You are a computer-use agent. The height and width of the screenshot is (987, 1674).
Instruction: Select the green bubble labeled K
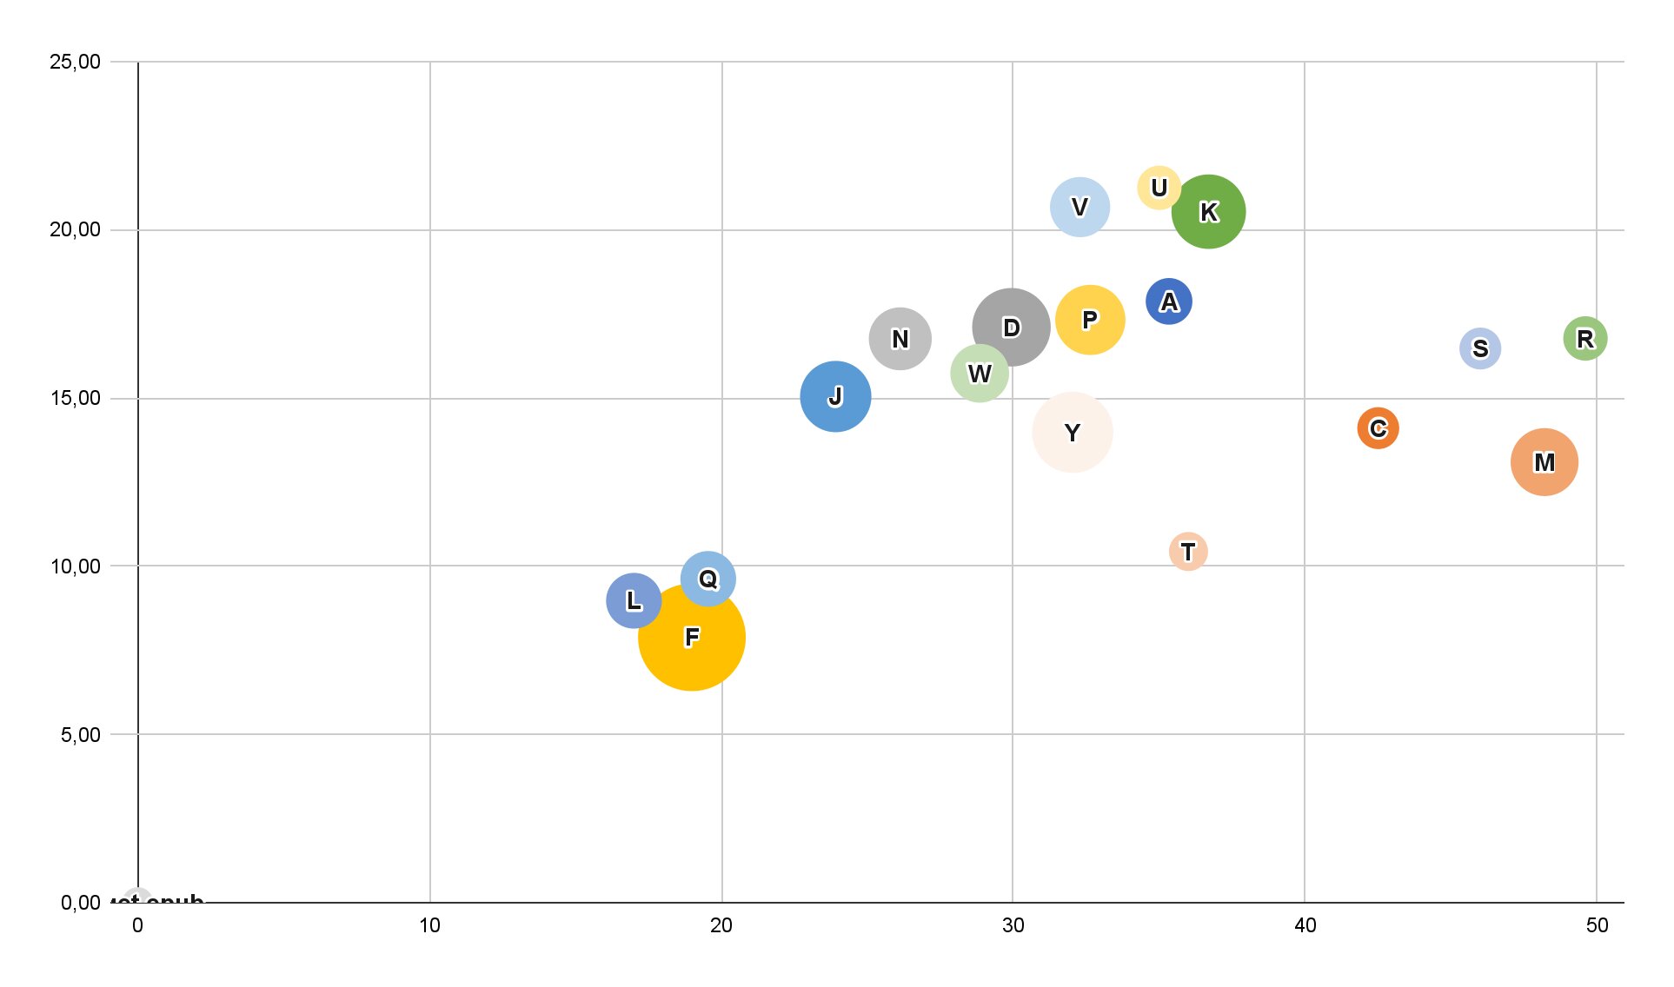1208,211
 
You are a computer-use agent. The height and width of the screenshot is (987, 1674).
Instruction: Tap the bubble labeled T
1188,551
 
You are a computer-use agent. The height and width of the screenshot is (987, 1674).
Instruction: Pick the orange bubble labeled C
1378,428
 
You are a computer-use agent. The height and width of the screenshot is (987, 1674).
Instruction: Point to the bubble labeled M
1544,462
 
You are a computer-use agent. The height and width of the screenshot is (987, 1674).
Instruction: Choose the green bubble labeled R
1584,339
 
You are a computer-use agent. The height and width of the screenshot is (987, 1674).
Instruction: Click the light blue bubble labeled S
1479,348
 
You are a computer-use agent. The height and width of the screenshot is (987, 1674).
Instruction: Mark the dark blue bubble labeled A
1168,301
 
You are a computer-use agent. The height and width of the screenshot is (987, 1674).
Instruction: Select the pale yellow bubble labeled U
1158,187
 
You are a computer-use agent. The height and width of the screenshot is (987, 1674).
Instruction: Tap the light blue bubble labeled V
1079,207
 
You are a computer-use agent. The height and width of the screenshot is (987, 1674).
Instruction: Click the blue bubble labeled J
835,396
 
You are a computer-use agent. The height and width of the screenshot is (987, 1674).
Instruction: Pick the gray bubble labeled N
900,338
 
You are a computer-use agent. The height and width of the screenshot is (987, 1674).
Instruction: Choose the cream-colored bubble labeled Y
1072,432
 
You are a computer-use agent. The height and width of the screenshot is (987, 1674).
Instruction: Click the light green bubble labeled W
979,374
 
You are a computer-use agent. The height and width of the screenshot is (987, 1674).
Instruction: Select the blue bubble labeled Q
707,578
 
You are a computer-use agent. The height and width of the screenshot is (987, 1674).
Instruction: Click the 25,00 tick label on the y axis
75,62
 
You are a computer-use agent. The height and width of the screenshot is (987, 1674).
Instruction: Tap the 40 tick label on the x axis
1305,925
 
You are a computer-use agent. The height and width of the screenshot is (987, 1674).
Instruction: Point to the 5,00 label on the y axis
80,735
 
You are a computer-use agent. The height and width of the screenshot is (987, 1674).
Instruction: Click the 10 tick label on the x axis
429,925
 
